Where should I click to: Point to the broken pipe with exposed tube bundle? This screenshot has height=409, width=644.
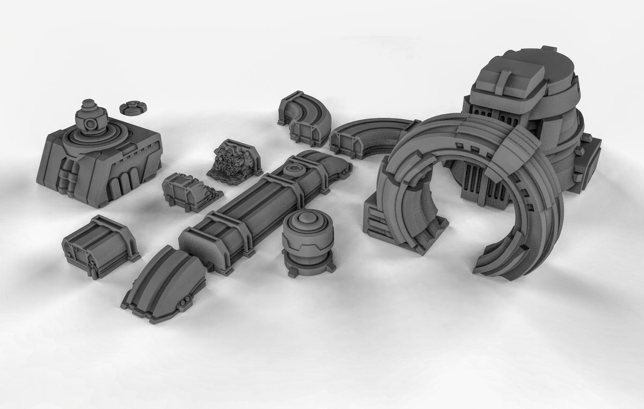(x=232, y=159)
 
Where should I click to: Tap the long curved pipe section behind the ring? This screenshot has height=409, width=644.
(x=370, y=137)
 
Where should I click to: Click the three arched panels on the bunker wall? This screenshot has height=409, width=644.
(x=122, y=185)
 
